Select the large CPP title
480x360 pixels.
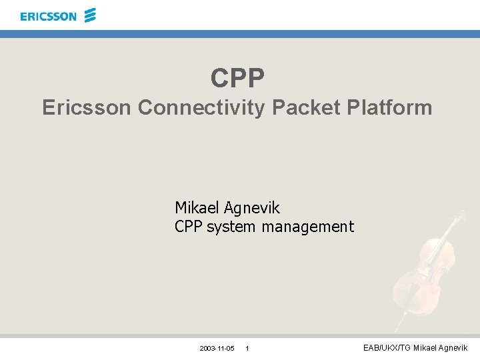[x=238, y=78]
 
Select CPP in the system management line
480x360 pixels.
[x=189, y=227]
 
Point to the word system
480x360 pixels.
[x=231, y=227]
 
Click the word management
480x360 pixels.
[x=307, y=227]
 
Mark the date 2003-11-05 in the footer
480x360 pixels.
[x=217, y=349]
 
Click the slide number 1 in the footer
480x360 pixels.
[x=247, y=349]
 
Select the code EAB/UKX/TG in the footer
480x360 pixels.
[x=387, y=348]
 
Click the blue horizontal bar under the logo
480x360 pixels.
[x=240, y=33]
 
